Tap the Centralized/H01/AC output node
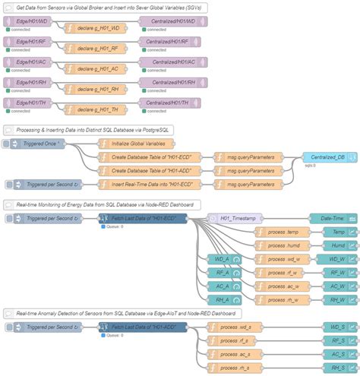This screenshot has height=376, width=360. click(173, 62)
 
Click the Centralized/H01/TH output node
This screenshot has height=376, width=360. click(173, 103)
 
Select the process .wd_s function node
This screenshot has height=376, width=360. click(235, 327)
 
